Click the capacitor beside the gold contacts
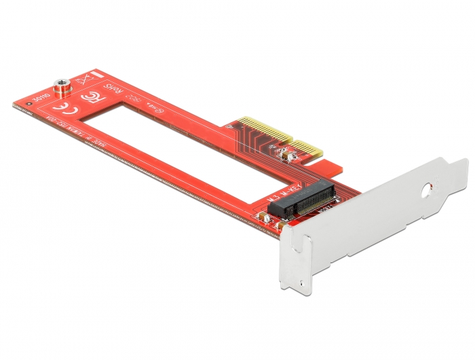(x=290, y=158)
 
